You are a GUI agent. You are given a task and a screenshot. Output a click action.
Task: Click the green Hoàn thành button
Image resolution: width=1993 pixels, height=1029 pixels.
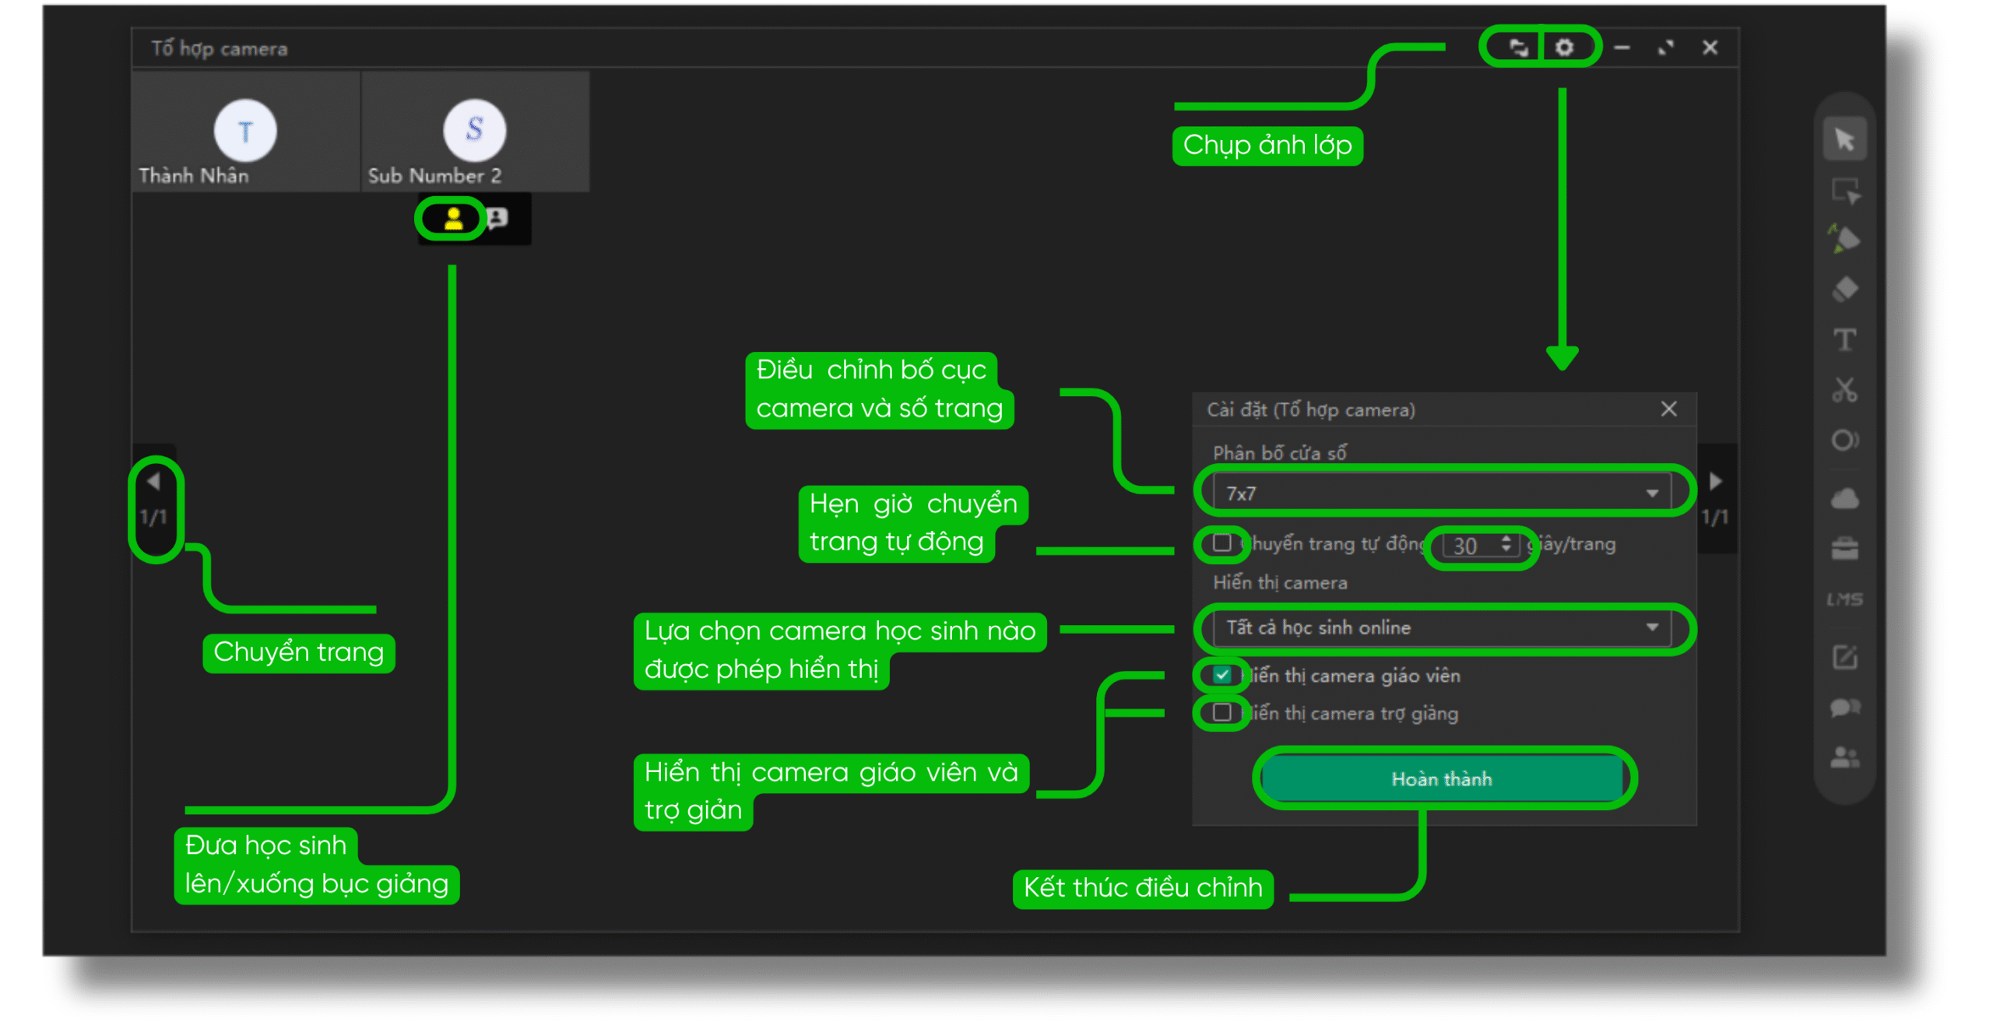pos(1441,778)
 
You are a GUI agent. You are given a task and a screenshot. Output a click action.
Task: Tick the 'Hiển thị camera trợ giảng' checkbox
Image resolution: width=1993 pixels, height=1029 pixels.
pos(1221,712)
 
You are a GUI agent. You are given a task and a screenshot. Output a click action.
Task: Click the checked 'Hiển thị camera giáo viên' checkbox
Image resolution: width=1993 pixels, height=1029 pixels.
pos(1221,674)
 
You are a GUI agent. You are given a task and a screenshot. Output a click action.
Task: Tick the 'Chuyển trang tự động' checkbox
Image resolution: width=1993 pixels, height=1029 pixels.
pos(1221,543)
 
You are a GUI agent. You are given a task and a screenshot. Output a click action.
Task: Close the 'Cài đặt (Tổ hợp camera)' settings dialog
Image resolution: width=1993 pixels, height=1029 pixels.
pos(1668,409)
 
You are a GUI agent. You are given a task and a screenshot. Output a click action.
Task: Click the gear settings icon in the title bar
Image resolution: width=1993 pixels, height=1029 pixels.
pos(1564,47)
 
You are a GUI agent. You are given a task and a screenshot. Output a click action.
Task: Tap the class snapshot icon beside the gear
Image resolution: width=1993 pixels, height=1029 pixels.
pos(1517,47)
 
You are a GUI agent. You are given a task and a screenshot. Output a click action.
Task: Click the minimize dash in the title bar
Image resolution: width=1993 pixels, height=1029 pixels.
pos(1622,47)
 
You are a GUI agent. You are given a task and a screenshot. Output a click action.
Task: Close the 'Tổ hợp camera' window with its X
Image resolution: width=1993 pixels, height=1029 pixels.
pos(1710,47)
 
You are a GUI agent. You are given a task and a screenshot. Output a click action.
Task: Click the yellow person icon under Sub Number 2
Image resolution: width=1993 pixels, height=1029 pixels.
pos(453,219)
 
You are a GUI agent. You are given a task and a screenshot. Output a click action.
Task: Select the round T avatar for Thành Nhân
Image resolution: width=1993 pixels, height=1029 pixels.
pos(245,130)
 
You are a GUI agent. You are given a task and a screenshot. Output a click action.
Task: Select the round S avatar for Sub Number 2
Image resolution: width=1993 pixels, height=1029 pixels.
pos(474,129)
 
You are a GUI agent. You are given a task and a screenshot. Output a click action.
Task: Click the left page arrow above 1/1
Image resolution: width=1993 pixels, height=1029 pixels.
pos(153,482)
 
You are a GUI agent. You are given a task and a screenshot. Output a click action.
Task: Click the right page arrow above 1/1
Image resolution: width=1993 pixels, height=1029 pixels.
pos(1715,482)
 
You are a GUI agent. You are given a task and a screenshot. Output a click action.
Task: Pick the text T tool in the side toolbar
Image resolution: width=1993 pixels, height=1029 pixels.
pos(1844,339)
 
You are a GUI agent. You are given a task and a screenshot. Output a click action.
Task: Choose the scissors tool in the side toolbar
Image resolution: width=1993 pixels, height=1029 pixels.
pos(1844,389)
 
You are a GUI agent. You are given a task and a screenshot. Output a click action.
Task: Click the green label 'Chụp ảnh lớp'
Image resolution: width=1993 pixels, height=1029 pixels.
pos(1267,145)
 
